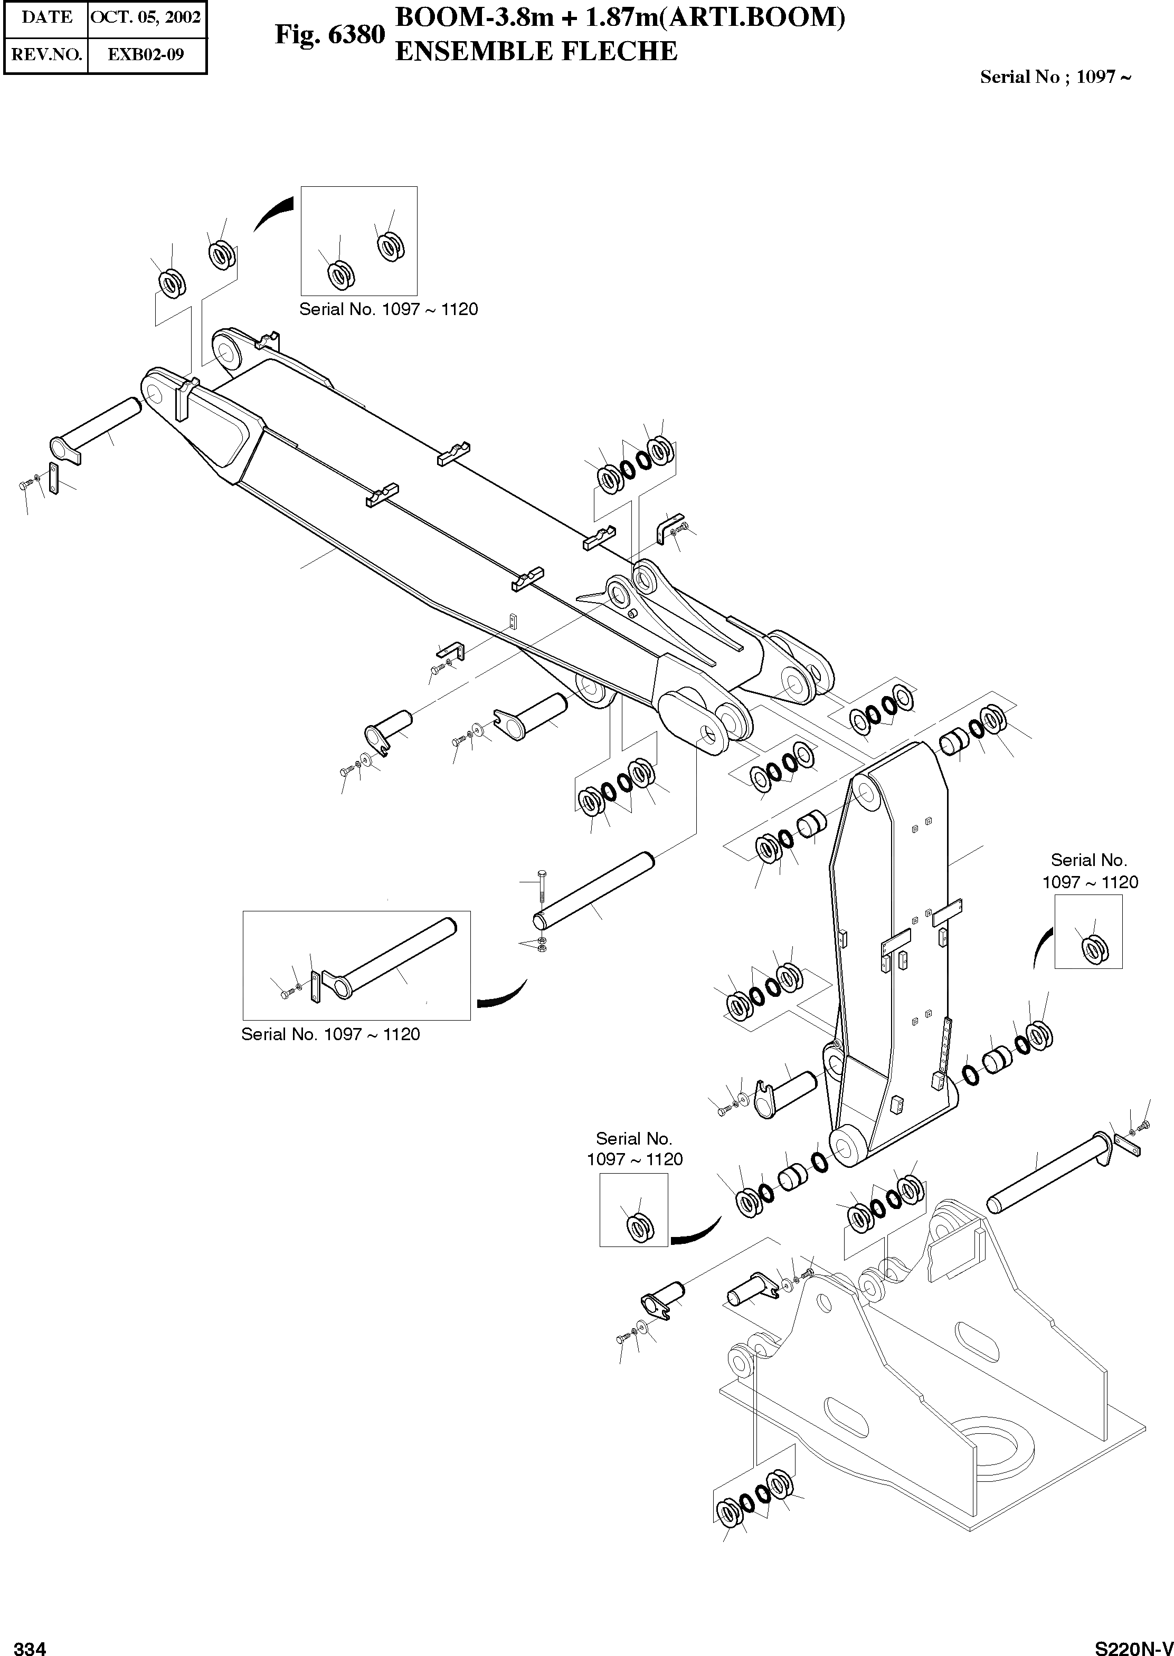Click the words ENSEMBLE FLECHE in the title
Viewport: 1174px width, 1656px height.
tap(536, 51)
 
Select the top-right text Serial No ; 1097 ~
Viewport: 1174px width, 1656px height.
tap(1055, 77)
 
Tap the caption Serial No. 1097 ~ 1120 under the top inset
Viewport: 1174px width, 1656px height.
tap(388, 309)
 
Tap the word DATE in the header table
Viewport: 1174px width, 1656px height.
tap(46, 17)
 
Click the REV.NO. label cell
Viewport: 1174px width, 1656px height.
tap(46, 54)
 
